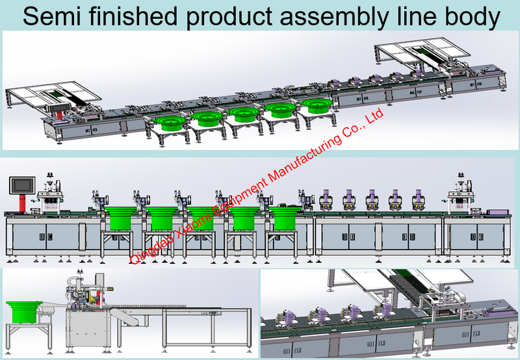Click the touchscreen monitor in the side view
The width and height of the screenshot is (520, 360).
pos(22,186)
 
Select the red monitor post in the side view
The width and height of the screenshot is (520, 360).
pos(22,203)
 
